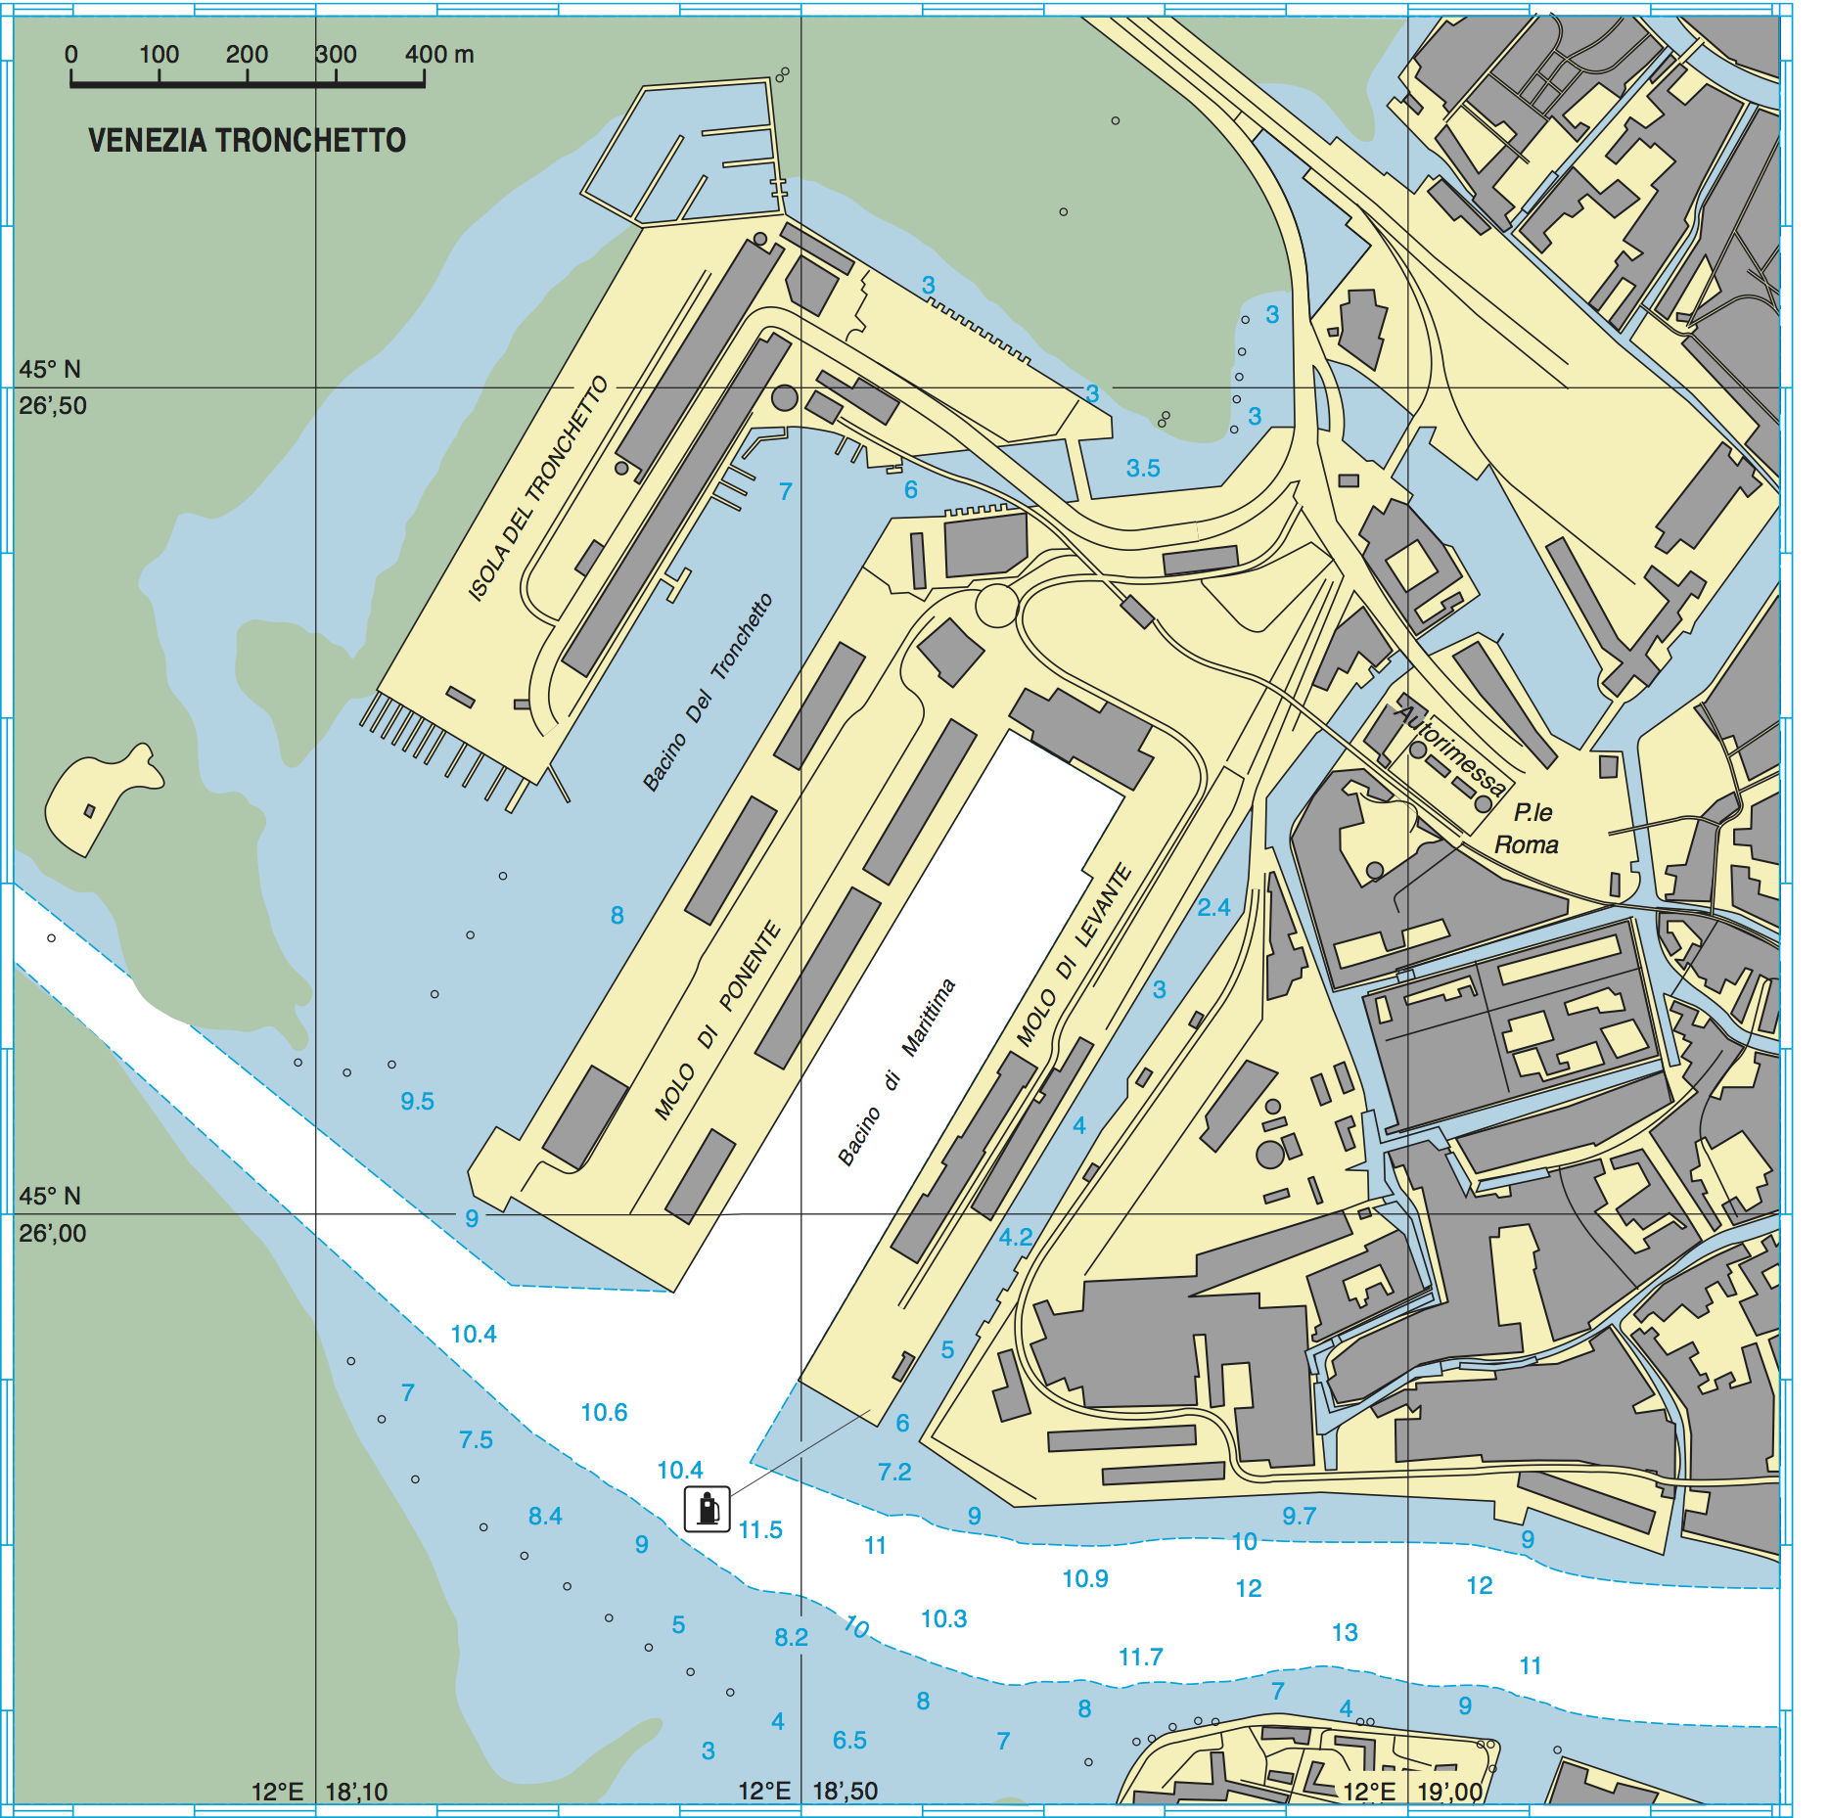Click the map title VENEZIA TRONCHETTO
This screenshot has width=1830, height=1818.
pos(247,141)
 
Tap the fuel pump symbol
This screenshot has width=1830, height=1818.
pos(707,1508)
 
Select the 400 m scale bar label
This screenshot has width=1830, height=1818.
pos(439,55)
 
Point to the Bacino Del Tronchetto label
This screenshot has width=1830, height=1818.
pos(708,692)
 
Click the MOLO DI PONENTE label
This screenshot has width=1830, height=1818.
pos(717,1020)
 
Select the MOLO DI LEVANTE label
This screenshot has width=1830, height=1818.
pos(1074,955)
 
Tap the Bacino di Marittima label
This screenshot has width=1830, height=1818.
pos(896,1071)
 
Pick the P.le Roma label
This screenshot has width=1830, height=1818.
pos(1529,828)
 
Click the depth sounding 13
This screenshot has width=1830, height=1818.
pos(1345,1632)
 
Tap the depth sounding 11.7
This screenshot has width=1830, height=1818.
pos(1140,1657)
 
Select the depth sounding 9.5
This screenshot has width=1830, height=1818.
pos(417,1101)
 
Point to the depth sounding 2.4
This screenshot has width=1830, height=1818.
pos(1213,907)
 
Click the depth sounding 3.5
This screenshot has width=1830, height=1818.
pos(1142,468)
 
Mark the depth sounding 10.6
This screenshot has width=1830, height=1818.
pos(604,1412)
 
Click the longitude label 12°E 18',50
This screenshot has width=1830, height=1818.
pos(807,1791)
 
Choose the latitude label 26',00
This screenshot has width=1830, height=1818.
pos(53,1233)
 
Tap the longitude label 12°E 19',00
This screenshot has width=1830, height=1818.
pos(1412,1792)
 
